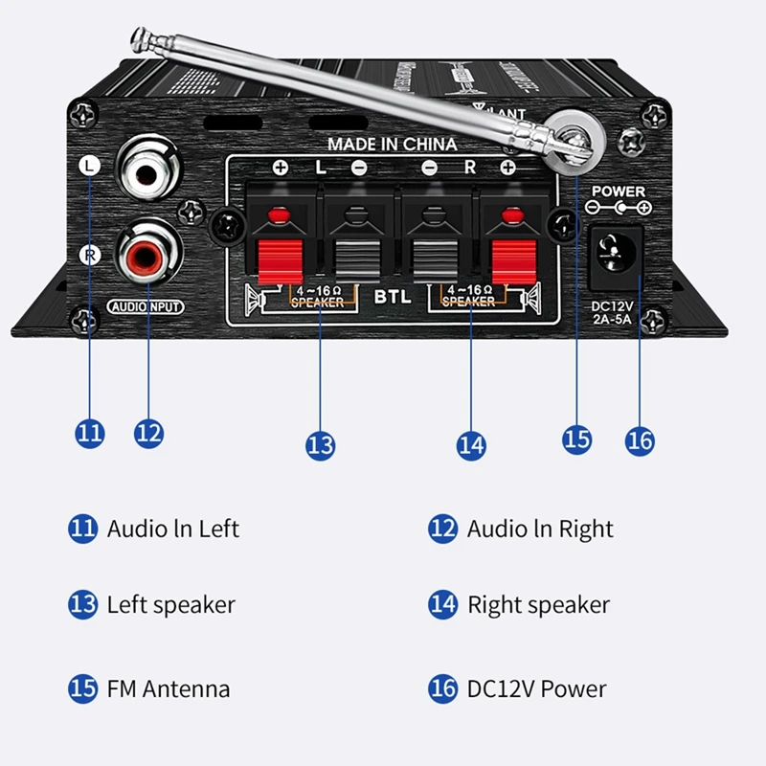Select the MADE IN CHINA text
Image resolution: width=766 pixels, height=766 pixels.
(392, 145)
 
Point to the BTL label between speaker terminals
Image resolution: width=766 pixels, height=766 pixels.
(393, 297)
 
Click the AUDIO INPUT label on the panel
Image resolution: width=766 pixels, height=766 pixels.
(146, 307)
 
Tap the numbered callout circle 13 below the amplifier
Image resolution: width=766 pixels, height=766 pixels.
(321, 444)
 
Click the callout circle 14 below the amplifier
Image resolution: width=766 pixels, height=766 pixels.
(471, 444)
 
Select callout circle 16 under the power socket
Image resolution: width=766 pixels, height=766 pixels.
(639, 439)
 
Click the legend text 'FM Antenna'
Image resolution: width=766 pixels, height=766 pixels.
(168, 688)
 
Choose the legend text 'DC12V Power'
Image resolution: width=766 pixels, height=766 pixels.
(536, 688)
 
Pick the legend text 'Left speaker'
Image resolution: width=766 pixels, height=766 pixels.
(170, 605)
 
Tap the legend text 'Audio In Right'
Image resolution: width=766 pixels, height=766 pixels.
(540, 529)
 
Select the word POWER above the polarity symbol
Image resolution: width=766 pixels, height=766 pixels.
(620, 191)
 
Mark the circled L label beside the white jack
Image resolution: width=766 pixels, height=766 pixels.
(88, 166)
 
